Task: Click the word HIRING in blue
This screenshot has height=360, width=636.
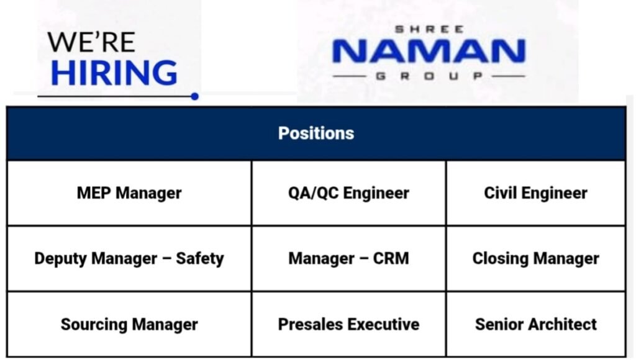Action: coord(114,72)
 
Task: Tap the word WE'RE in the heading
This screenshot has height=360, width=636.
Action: coord(91,42)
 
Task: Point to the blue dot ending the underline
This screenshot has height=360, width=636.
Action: coord(195,96)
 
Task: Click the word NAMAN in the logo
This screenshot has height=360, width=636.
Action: coord(429,52)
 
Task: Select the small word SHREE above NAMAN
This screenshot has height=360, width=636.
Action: coord(429,29)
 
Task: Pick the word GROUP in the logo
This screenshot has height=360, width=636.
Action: coord(429,76)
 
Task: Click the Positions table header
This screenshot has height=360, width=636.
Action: coord(316,133)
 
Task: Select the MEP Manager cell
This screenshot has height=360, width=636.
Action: coord(129,193)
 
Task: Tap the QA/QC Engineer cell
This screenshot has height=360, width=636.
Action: coord(348,193)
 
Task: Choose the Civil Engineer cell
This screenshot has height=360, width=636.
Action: coord(535,193)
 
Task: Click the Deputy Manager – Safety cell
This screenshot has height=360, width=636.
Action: coord(129,258)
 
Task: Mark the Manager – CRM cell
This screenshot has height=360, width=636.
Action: coord(348,258)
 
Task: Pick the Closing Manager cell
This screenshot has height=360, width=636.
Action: coord(535,258)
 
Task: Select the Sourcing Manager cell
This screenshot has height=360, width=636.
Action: coord(129,324)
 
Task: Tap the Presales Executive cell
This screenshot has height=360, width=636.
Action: coord(348,324)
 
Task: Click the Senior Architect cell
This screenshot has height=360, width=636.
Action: coord(535,324)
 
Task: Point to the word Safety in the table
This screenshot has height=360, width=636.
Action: coord(199,258)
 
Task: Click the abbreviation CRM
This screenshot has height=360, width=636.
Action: coord(391,258)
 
